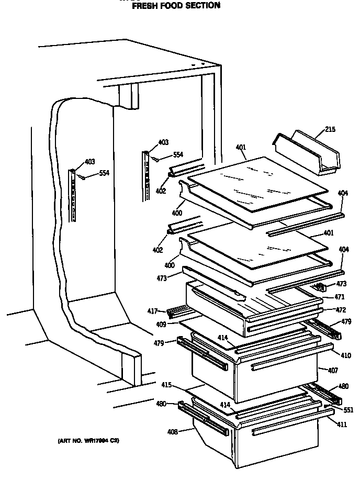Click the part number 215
(330, 130)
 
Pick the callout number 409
(161, 325)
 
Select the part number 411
(342, 425)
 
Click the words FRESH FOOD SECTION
(175, 6)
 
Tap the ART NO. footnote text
(88, 441)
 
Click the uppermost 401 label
(241, 148)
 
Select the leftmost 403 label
(89, 161)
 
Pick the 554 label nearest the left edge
(104, 173)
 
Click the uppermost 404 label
(342, 194)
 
